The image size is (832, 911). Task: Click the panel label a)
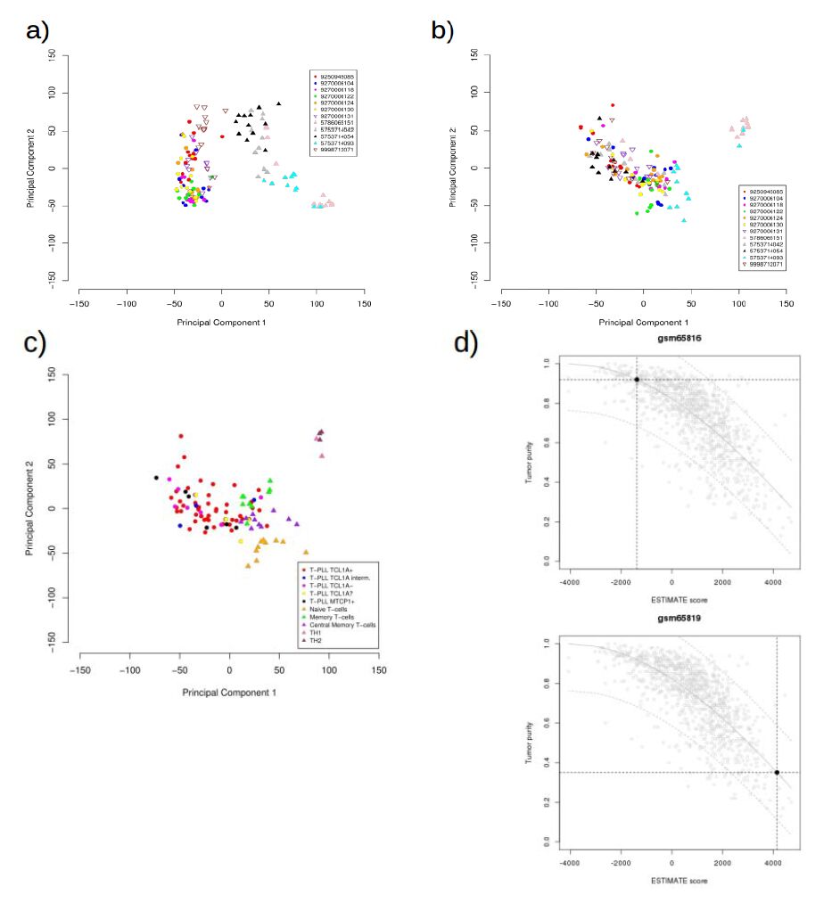pyautogui.click(x=37, y=31)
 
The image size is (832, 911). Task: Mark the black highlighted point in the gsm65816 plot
pyautogui.click(x=637, y=380)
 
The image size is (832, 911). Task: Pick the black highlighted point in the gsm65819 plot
pyautogui.click(x=777, y=772)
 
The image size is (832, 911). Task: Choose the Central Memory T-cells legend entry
pyautogui.click(x=342, y=626)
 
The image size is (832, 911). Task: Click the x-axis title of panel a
pyautogui.click(x=221, y=321)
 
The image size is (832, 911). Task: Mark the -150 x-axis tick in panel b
pyautogui.click(x=501, y=303)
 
